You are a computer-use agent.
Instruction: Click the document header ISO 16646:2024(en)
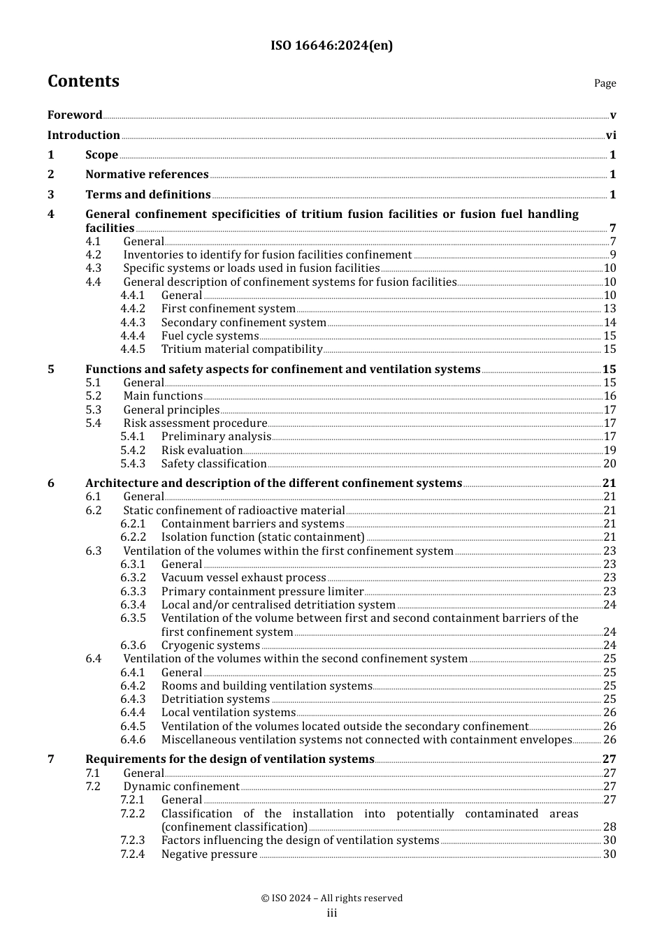click(x=331, y=45)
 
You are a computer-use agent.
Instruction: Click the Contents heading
click(x=83, y=81)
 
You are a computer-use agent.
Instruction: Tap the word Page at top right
click(x=605, y=83)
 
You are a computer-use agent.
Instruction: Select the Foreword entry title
click(x=75, y=115)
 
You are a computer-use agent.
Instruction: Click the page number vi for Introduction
click(x=611, y=136)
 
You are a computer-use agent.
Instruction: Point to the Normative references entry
click(x=147, y=175)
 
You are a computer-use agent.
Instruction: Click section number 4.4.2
click(x=133, y=309)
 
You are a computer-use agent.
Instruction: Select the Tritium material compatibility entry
click(x=242, y=349)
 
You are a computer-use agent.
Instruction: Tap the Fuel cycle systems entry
click(x=210, y=336)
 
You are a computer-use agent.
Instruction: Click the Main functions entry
click(x=163, y=396)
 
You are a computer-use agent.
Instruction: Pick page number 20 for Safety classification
click(x=609, y=464)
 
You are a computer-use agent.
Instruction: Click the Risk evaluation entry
click(x=201, y=451)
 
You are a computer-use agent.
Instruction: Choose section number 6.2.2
click(x=133, y=537)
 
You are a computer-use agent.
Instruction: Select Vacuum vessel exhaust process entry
click(x=243, y=578)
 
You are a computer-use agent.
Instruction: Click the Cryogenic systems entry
click(x=210, y=646)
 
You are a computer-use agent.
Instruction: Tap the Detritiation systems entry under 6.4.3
click(x=215, y=699)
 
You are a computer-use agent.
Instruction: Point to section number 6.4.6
click(x=133, y=740)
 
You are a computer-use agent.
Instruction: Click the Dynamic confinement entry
click(x=181, y=787)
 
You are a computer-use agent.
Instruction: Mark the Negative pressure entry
click(x=209, y=854)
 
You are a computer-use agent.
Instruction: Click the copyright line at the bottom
click(x=331, y=898)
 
